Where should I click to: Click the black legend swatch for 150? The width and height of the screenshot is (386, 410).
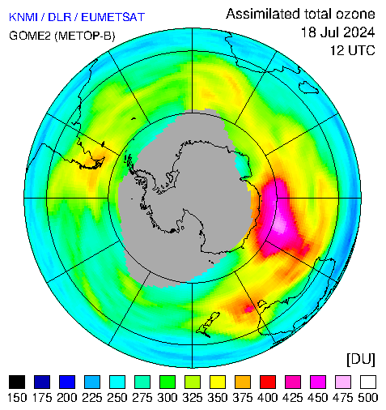17,382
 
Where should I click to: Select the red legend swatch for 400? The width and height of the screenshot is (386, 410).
268,382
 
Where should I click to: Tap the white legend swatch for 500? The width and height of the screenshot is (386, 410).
368,382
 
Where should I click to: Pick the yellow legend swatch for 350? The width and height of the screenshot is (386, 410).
218,382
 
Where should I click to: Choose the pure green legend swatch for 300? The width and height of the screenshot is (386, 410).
168,382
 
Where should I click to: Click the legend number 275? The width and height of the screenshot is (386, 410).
142,398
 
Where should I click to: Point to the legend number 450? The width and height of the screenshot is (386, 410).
318,398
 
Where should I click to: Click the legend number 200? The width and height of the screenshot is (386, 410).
67,398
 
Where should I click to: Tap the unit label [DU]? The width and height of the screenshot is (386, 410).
361,359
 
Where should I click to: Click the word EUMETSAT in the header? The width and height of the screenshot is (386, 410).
113,17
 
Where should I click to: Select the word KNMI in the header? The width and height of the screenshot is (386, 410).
23,17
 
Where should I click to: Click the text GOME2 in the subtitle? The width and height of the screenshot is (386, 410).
30,36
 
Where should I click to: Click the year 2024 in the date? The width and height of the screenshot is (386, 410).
357,32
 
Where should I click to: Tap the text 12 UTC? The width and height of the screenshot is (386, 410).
353,50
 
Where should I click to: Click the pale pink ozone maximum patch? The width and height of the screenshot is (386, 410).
280,226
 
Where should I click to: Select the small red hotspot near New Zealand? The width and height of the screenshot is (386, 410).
248,308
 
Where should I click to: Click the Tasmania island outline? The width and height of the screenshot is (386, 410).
262,303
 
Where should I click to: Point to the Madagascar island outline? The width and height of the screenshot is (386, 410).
308,88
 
